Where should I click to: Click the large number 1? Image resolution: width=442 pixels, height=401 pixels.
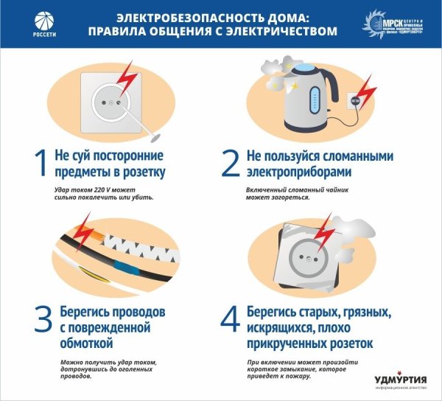pos(41,163)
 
